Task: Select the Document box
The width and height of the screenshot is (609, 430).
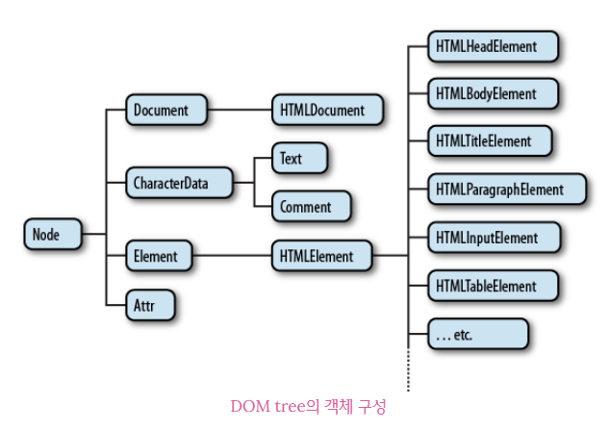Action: (x=165, y=110)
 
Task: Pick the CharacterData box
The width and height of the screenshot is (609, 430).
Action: (x=179, y=182)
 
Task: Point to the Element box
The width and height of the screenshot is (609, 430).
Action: (x=158, y=256)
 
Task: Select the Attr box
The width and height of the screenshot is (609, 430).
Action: (x=149, y=305)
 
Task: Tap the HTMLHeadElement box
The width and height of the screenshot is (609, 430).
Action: (x=494, y=45)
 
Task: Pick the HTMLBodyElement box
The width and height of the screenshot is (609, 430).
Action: (x=494, y=94)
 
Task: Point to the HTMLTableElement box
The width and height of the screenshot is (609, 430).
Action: (x=494, y=286)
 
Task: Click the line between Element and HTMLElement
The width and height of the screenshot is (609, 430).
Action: (x=231, y=256)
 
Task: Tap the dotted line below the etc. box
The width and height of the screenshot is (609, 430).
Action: (x=408, y=370)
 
